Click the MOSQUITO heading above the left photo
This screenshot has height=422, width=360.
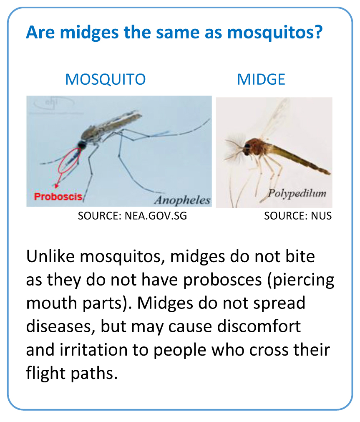(105, 79)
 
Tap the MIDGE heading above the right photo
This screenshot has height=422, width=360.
(261, 79)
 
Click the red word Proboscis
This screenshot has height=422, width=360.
(58, 197)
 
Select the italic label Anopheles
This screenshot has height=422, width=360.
(182, 200)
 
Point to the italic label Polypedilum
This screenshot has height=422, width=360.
(297, 194)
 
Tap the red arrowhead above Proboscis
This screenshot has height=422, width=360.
(56, 185)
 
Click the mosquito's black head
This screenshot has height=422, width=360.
(82, 145)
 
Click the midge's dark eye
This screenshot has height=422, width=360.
(247, 147)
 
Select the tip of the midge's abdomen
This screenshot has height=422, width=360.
(329, 172)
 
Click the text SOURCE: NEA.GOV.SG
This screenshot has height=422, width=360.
(132, 216)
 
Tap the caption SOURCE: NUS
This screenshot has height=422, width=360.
(298, 216)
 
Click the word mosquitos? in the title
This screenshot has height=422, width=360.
(275, 33)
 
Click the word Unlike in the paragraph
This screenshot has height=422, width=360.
(50, 256)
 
